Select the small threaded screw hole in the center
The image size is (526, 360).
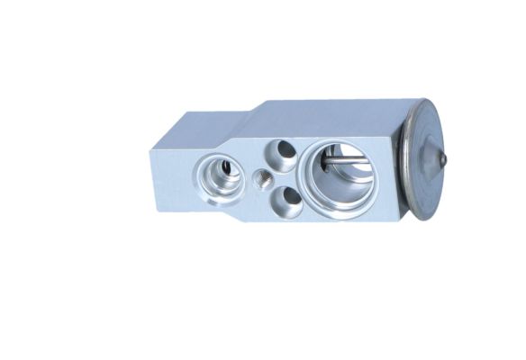263,177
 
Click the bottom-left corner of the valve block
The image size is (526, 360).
158,209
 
